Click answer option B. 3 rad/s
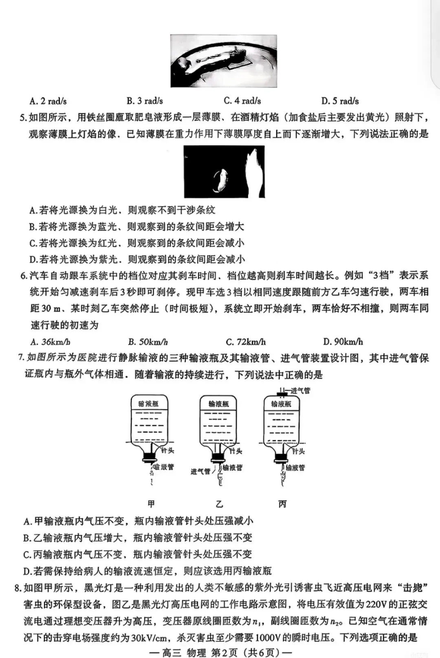[x=145, y=101]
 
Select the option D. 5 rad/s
[x=340, y=101]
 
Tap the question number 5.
[x=23, y=118]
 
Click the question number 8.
[x=18, y=588]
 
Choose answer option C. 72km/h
[x=246, y=342]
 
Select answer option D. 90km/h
[x=343, y=342]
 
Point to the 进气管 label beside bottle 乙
[x=200, y=471]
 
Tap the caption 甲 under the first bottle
[x=152, y=504]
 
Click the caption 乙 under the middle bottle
[x=220, y=504]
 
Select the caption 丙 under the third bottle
[x=282, y=504]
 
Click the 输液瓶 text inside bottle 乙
[x=219, y=404]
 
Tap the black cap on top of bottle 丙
[x=281, y=394]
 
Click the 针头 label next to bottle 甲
[x=167, y=451]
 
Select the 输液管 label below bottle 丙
[x=295, y=468]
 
